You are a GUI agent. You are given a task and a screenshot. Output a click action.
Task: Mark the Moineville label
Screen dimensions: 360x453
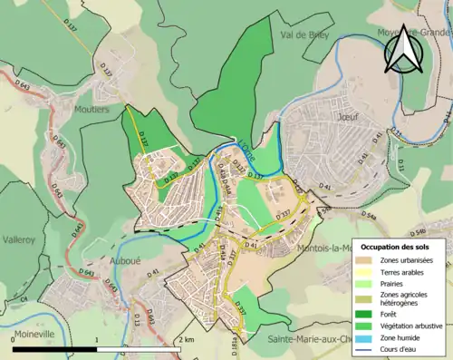tap(35, 333)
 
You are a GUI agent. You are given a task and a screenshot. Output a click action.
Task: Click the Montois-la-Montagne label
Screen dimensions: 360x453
tap(326, 248)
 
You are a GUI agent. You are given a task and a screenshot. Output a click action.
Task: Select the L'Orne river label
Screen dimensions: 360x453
tap(246, 156)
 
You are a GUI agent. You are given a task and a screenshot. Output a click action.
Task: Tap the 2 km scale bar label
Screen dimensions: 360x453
tap(187, 340)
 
